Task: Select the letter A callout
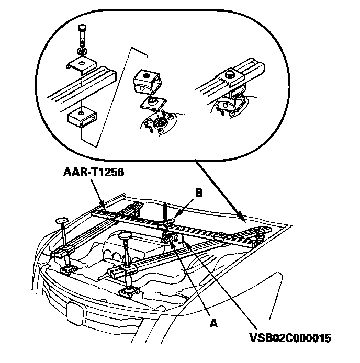pos(212,323)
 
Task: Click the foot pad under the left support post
pos(67,270)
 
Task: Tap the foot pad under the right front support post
pos(129,292)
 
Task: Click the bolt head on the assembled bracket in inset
pos(229,75)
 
